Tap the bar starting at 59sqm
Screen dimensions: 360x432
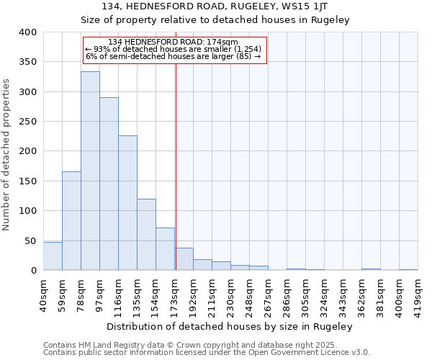pos(71,221)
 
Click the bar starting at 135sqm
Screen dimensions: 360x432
pos(146,235)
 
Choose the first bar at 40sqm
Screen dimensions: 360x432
pos(53,256)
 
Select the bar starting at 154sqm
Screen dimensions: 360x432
pos(165,249)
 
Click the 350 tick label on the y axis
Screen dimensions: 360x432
pos(27,63)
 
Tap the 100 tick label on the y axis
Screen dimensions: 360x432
pos(27,211)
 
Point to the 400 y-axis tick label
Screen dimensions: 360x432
pos(27,32)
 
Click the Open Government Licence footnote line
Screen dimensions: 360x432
pos(207,353)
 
